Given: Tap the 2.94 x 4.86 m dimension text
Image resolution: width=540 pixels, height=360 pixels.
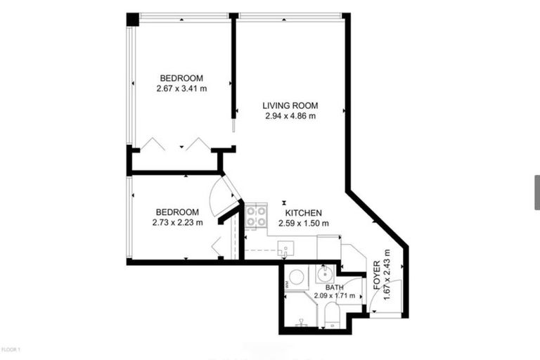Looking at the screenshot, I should (290, 116).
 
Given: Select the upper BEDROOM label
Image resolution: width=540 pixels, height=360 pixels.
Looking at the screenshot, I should (181, 78).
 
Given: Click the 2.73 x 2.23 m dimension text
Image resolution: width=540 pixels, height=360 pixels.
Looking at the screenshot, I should (177, 223).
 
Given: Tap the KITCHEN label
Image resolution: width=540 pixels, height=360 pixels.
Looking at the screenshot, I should (303, 213).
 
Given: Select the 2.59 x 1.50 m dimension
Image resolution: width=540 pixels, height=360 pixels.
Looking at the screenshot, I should (303, 224).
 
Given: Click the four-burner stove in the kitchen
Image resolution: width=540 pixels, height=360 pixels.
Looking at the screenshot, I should (255, 214).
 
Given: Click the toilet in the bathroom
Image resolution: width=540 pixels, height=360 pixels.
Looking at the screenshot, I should (330, 317).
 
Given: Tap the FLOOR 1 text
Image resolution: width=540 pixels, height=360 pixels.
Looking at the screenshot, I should (11, 349).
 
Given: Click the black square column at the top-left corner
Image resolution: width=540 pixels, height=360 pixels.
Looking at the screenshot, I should (132, 20).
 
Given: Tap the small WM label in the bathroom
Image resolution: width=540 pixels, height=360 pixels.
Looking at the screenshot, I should (287, 285).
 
